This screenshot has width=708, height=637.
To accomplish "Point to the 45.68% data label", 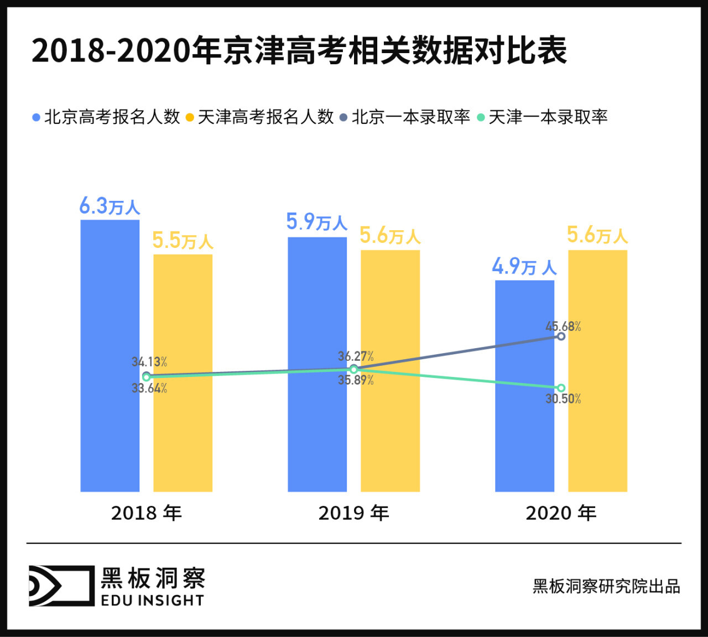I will point(563,327).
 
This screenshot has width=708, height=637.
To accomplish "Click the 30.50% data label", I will point(563,399).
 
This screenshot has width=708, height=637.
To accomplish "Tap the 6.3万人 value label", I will point(110,206).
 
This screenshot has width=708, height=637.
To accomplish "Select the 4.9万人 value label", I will point(524,267).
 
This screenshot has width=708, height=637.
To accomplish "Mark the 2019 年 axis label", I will point(353,513).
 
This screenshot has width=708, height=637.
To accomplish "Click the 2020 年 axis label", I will point(561,513).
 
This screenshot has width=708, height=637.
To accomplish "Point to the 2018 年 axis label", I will point(146,513).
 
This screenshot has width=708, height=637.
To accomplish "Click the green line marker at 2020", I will point(561,388).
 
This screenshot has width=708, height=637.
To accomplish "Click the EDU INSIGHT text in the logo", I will point(153,600).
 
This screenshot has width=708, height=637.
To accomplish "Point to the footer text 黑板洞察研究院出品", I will point(606,587).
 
